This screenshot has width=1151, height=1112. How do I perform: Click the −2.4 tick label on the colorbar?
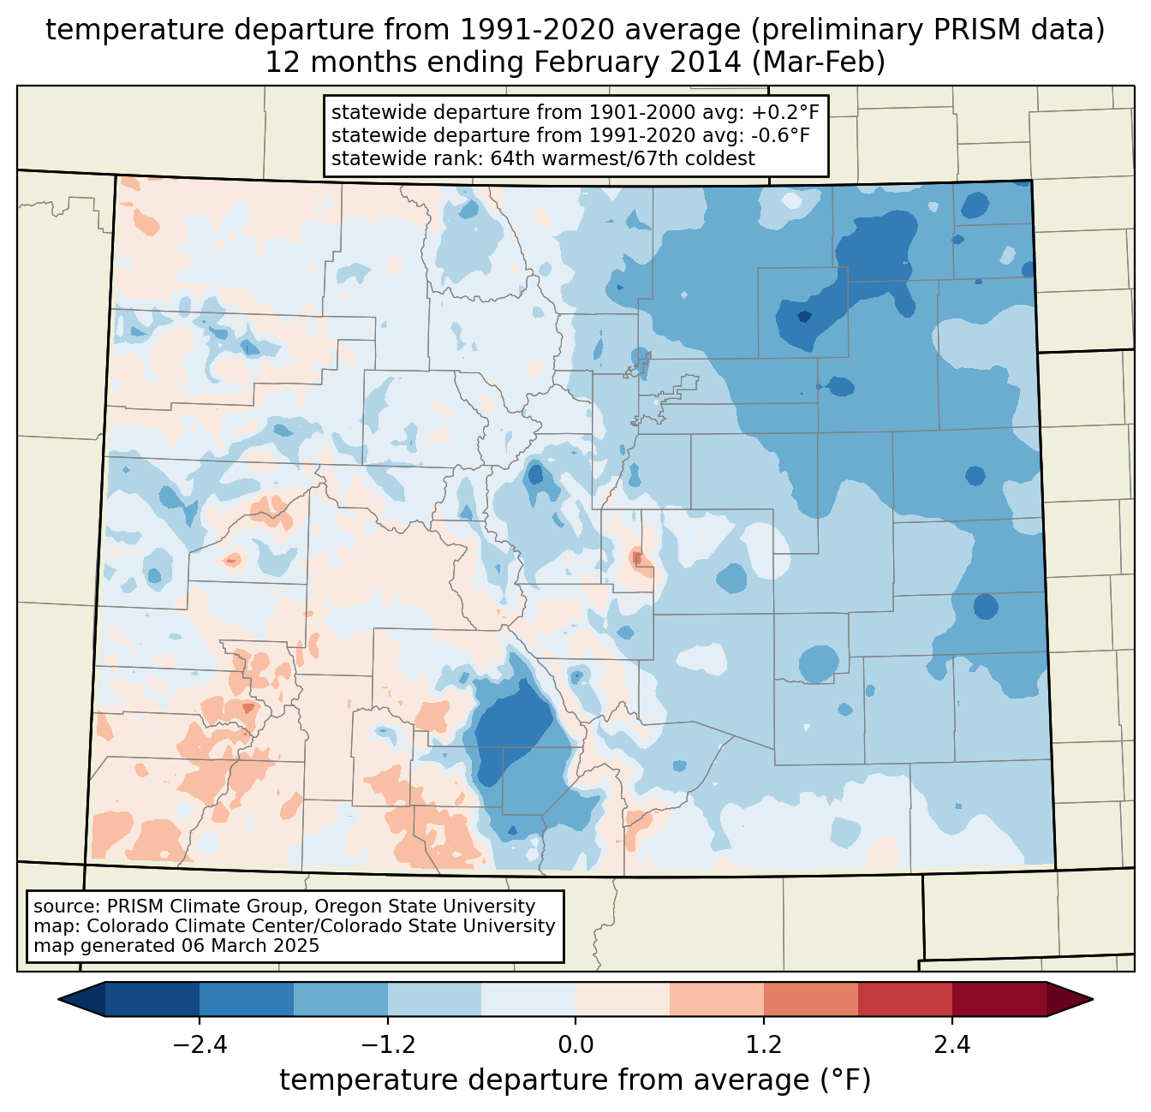tap(199, 1045)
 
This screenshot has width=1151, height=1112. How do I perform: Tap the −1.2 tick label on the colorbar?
tap(387, 1045)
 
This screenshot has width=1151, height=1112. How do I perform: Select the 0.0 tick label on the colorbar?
tap(575, 1045)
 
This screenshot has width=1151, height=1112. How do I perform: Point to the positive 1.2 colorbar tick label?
tap(764, 1045)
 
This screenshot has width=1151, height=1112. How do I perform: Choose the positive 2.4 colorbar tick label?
tap(951, 1045)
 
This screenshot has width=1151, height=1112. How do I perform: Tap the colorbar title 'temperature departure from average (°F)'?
tap(575, 1080)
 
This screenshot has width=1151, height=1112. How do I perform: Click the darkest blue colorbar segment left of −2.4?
tap(152, 999)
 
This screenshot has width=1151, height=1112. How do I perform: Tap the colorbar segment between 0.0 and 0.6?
tap(623, 999)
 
